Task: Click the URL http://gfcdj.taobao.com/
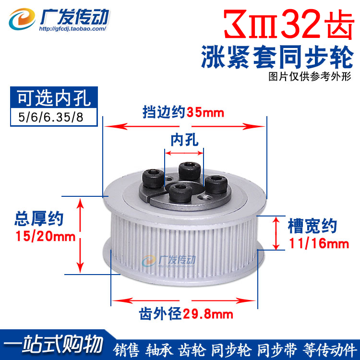coord(72,28)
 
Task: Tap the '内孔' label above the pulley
coord(184,140)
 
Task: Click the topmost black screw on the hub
coord(186,169)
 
